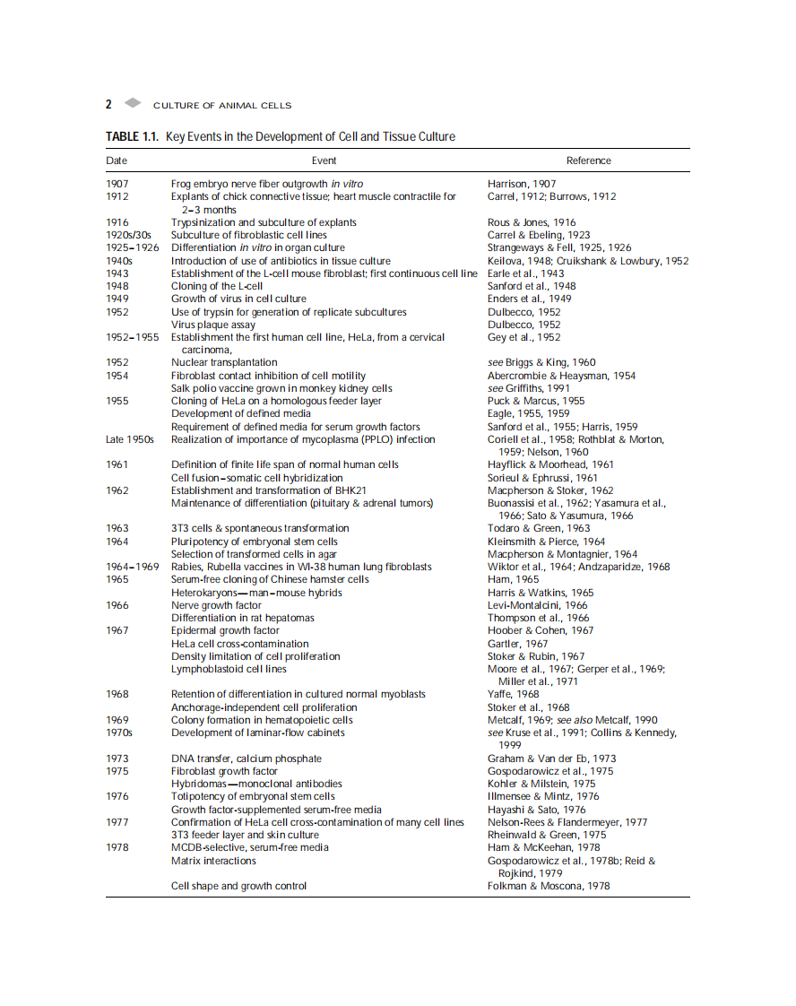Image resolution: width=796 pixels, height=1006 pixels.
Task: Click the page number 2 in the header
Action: tap(109, 104)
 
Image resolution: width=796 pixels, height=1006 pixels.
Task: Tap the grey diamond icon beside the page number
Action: tap(133, 103)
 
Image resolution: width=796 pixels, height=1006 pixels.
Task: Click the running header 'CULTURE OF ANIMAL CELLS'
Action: tap(222, 106)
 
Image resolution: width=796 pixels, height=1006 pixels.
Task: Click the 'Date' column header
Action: tap(117, 160)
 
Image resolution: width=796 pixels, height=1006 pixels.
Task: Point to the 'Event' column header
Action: tap(324, 160)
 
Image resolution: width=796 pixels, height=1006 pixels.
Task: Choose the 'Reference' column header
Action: tap(588, 160)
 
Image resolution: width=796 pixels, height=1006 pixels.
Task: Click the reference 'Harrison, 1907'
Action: tap(522, 184)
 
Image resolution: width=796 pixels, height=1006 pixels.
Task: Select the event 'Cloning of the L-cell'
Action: tap(217, 286)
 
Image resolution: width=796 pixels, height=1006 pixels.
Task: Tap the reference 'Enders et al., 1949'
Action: tap(529, 299)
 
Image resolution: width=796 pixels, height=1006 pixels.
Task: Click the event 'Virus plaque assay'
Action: tap(213, 325)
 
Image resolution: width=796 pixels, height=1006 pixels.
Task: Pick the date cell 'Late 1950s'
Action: tap(130, 439)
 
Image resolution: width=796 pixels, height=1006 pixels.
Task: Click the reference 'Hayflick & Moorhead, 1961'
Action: tap(550, 464)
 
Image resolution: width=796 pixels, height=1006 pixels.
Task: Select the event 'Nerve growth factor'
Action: tap(216, 605)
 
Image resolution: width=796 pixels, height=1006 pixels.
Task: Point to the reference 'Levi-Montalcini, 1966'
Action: tap(538, 605)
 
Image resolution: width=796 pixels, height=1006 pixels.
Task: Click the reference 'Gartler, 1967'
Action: tap(517, 644)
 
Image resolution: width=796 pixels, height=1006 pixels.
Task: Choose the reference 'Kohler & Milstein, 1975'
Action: tap(541, 784)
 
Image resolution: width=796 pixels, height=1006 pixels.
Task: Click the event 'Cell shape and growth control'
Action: tap(238, 886)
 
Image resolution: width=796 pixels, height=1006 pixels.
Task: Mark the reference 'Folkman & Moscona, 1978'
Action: tap(549, 886)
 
